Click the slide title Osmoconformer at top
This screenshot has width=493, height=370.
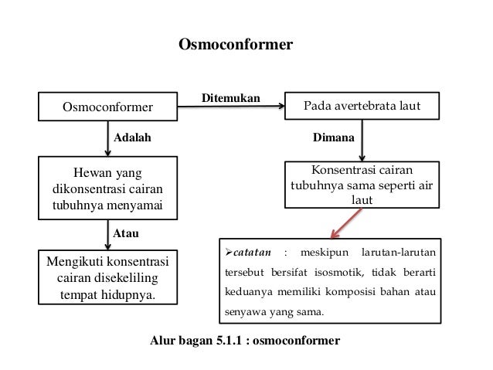point(236,45)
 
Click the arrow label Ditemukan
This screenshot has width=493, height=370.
point(231,97)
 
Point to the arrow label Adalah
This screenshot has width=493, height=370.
point(133,139)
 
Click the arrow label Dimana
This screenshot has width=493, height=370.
point(333,139)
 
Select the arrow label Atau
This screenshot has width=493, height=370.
point(126,231)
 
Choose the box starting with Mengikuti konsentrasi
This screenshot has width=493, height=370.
point(107,276)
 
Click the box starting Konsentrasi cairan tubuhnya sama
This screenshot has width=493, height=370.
point(362,184)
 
